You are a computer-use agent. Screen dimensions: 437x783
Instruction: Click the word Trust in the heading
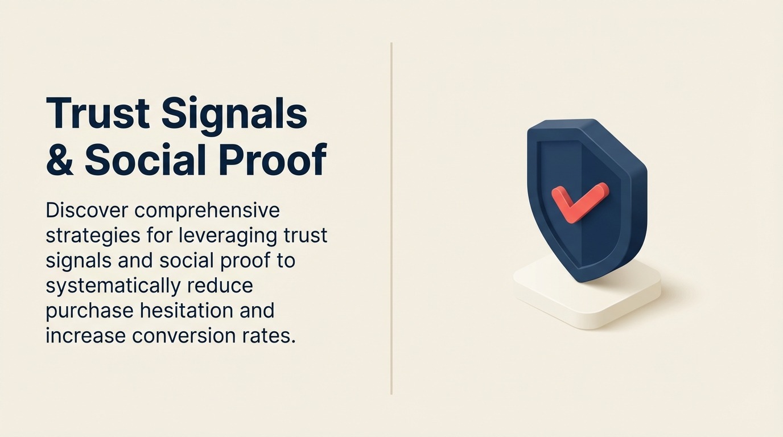click(x=98, y=114)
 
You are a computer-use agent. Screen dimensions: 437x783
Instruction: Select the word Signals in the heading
click(x=234, y=114)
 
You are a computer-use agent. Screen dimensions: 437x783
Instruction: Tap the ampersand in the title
click(x=60, y=160)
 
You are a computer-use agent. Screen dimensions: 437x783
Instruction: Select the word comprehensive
click(x=208, y=211)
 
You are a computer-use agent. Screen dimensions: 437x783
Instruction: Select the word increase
click(x=85, y=336)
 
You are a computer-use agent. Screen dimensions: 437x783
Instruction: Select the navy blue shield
click(x=603, y=239)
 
